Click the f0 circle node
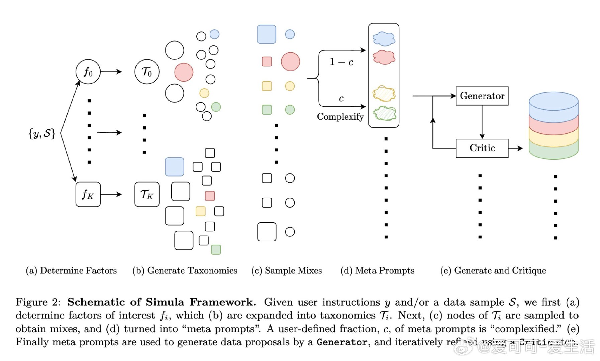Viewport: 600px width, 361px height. tap(88, 72)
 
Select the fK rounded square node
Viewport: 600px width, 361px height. tap(88, 194)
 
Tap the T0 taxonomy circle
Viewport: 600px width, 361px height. tap(147, 72)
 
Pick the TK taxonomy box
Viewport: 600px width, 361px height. tap(147, 194)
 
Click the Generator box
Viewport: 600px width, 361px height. tap(482, 96)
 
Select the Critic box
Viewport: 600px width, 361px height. tap(482, 148)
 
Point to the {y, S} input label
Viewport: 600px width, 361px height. tap(42, 133)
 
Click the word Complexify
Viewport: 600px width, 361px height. tap(340, 117)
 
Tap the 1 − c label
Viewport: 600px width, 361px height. tap(341, 62)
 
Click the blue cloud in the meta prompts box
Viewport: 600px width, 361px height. tap(384, 39)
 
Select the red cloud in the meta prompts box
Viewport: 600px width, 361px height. tap(384, 57)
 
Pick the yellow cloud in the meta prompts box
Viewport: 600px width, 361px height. tap(384, 94)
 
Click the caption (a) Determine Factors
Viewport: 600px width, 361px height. tap(71, 270)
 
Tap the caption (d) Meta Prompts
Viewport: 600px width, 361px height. tap(377, 270)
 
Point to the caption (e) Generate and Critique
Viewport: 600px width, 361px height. tap(493, 270)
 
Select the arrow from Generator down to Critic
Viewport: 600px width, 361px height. tap(482, 122)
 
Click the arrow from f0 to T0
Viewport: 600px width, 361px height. tap(111, 72)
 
